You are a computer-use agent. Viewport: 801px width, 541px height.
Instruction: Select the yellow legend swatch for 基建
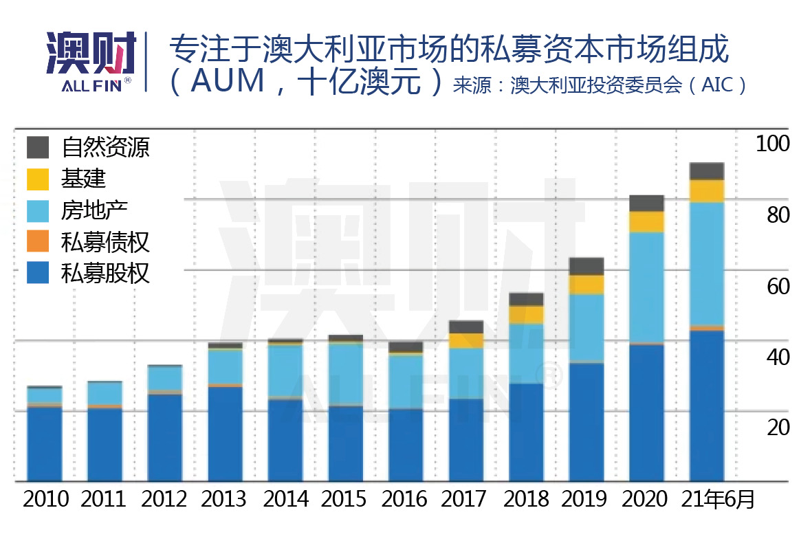(39, 179)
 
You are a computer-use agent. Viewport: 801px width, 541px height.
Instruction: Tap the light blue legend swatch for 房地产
(39, 210)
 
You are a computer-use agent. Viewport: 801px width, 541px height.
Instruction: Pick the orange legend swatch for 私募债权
(39, 242)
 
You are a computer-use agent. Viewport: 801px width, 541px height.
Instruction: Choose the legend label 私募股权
(105, 274)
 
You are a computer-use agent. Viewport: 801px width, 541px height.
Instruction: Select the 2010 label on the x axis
(46, 498)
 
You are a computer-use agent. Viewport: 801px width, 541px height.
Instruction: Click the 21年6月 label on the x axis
(718, 498)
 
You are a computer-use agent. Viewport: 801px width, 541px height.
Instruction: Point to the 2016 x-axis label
(406, 498)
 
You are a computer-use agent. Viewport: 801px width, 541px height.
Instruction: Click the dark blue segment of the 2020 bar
(646, 412)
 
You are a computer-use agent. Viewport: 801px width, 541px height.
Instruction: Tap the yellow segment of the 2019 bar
(586, 285)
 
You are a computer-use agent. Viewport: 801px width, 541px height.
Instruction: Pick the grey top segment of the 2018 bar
(526, 299)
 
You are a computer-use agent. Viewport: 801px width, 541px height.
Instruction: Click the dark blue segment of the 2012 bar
(165, 437)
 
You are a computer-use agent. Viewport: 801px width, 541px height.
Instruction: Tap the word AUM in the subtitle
(228, 82)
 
